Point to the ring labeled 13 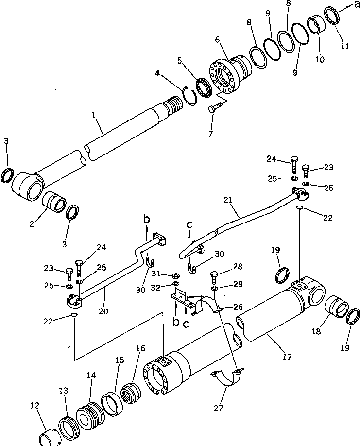[68, 428]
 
